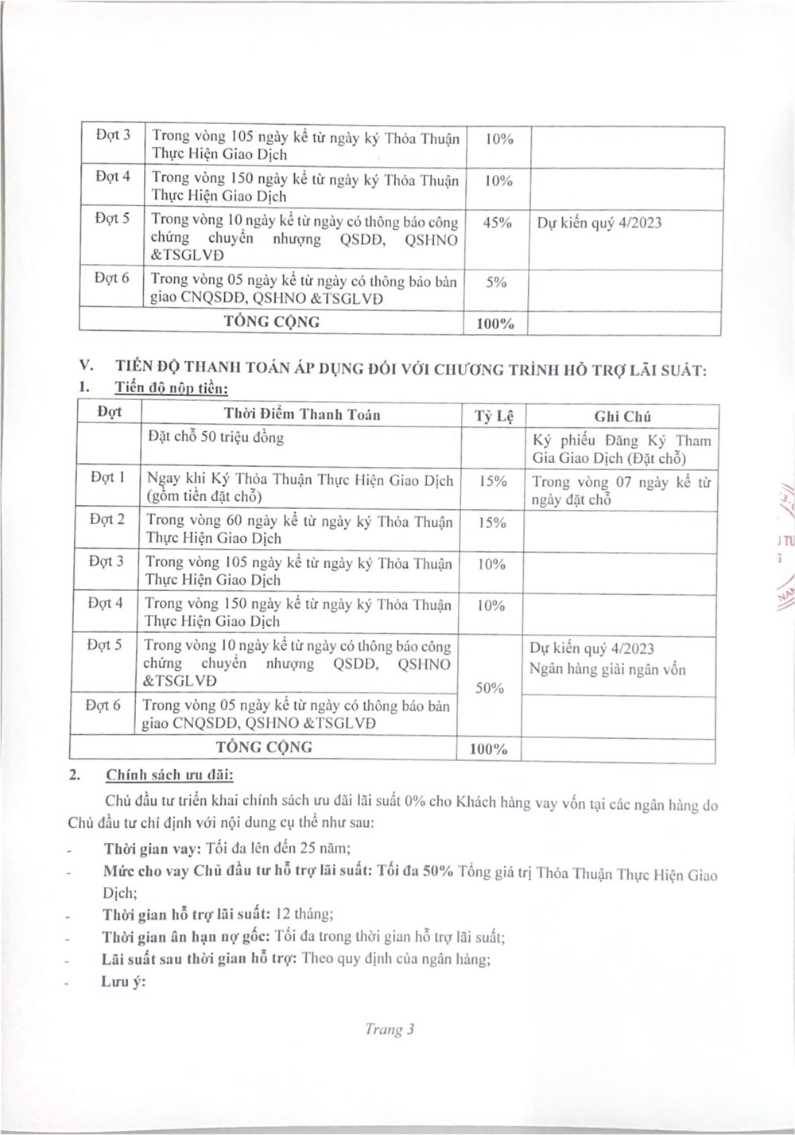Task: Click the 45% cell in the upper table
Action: point(497,223)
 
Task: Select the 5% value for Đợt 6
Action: point(496,282)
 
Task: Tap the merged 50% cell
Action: point(490,688)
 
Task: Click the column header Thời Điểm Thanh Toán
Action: point(302,414)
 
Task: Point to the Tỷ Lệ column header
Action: point(494,416)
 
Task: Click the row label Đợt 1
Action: point(107,477)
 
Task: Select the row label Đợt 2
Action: point(107,519)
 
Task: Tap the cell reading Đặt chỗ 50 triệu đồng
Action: point(215,437)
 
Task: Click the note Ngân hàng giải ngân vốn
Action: point(607,670)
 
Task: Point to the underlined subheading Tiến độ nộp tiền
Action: point(171,388)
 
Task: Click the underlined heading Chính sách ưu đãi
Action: point(169,775)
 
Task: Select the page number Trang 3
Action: point(390,1029)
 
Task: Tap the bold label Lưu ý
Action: point(123,981)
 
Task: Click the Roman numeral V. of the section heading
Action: point(87,366)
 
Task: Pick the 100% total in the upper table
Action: point(495,324)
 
